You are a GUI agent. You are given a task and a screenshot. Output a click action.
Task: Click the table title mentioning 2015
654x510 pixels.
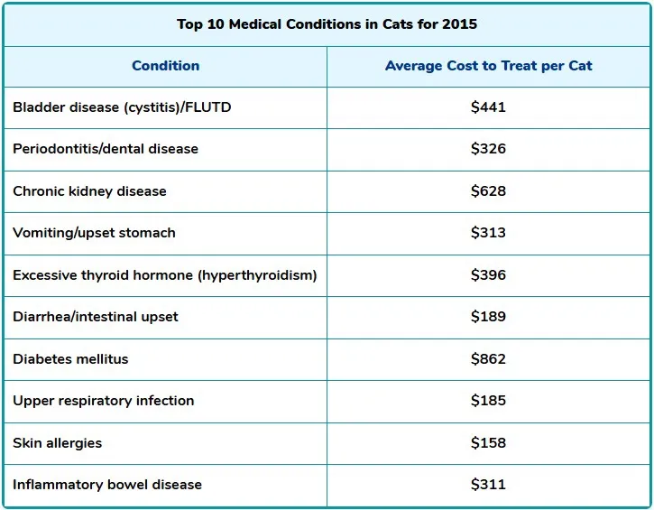tap(327, 24)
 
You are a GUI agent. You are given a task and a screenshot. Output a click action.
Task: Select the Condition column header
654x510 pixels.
tap(166, 66)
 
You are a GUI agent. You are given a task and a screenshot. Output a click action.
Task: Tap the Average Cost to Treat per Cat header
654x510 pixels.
tap(488, 66)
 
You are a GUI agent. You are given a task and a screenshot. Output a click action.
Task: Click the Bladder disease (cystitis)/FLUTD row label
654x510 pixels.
tap(122, 107)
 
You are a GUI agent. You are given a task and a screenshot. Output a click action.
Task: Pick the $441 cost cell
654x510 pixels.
tap(488, 107)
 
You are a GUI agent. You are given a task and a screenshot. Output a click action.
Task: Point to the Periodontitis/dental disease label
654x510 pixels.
tap(106, 149)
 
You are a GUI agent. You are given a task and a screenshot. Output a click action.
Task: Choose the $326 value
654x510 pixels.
tap(488, 149)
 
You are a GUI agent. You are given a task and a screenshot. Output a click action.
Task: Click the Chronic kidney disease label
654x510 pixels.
tap(89, 191)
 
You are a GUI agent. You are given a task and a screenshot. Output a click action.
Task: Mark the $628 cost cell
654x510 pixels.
tap(488, 191)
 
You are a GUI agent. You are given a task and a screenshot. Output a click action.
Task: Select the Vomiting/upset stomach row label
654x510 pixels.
tap(94, 233)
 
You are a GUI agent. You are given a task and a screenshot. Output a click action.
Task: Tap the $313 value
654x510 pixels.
tap(488, 233)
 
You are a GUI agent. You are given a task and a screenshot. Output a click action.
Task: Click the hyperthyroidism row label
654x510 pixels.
tap(164, 275)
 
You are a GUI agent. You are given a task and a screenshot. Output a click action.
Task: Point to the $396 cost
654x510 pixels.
tap(488, 275)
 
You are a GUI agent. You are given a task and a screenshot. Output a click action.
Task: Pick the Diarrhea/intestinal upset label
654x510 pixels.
tap(96, 317)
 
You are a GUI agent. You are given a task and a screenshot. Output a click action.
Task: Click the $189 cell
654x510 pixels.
tap(488, 317)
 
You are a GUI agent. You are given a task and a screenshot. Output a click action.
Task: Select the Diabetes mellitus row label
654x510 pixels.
tap(70, 359)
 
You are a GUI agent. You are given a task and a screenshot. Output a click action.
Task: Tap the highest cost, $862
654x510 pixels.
tap(488, 359)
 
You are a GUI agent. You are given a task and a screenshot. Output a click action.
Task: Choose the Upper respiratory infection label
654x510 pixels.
tap(103, 401)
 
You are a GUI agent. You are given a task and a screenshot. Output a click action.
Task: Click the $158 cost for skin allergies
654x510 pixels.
tap(488, 443)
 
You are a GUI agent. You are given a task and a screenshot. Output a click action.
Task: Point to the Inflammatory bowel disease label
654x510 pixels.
tap(107, 485)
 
